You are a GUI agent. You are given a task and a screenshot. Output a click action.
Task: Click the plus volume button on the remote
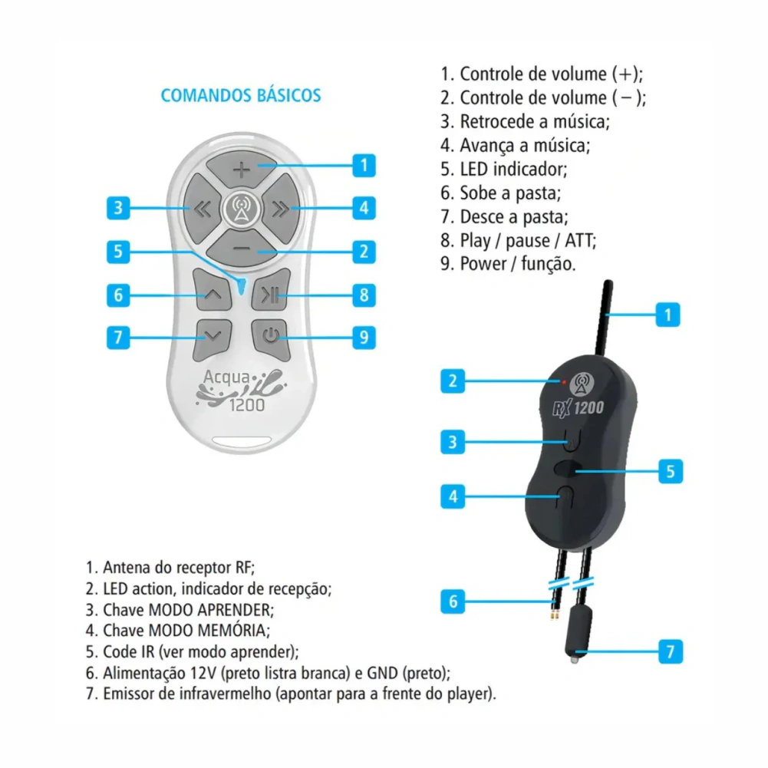pyautogui.click(x=242, y=169)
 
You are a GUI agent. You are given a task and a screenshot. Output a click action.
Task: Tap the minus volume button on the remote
pyautogui.click(x=242, y=249)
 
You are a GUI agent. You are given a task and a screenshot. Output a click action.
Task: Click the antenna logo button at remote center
pyautogui.click(x=242, y=209)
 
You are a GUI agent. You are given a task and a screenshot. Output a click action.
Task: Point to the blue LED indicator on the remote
pyautogui.click(x=242, y=286)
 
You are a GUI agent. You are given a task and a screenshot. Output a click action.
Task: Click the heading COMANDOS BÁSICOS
pyautogui.click(x=241, y=95)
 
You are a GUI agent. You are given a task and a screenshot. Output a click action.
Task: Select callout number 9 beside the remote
pyautogui.click(x=364, y=337)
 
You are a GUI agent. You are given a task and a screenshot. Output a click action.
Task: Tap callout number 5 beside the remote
pyautogui.click(x=118, y=252)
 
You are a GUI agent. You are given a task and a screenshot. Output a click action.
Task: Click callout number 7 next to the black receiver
pyautogui.click(x=671, y=652)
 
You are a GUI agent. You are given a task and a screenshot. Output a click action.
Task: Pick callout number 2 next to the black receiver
pyautogui.click(x=453, y=381)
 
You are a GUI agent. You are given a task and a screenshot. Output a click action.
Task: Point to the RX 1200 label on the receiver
pyautogui.click(x=578, y=408)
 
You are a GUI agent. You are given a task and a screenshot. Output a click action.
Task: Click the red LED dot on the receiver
pyautogui.click(x=564, y=381)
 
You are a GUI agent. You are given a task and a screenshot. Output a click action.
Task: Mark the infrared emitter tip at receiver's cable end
pyautogui.click(x=575, y=659)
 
